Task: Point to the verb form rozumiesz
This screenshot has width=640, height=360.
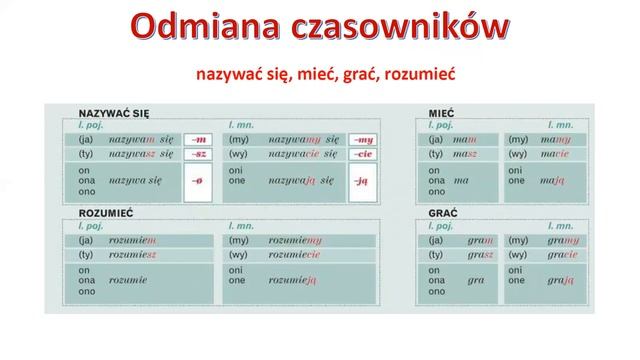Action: click(x=133, y=256)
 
